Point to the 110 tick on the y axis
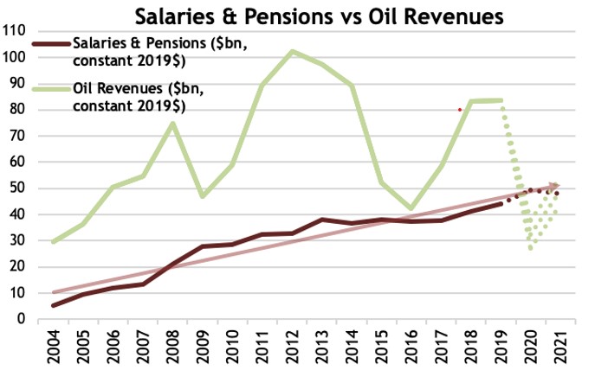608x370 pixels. (x=13, y=30)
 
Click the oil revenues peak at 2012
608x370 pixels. (x=293, y=51)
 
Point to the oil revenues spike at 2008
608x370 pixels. (x=173, y=123)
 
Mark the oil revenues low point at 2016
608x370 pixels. (x=411, y=208)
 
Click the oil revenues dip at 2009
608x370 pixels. (x=203, y=196)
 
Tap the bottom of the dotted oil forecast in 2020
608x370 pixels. (x=530, y=248)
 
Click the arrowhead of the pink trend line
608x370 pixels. (x=555, y=185)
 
